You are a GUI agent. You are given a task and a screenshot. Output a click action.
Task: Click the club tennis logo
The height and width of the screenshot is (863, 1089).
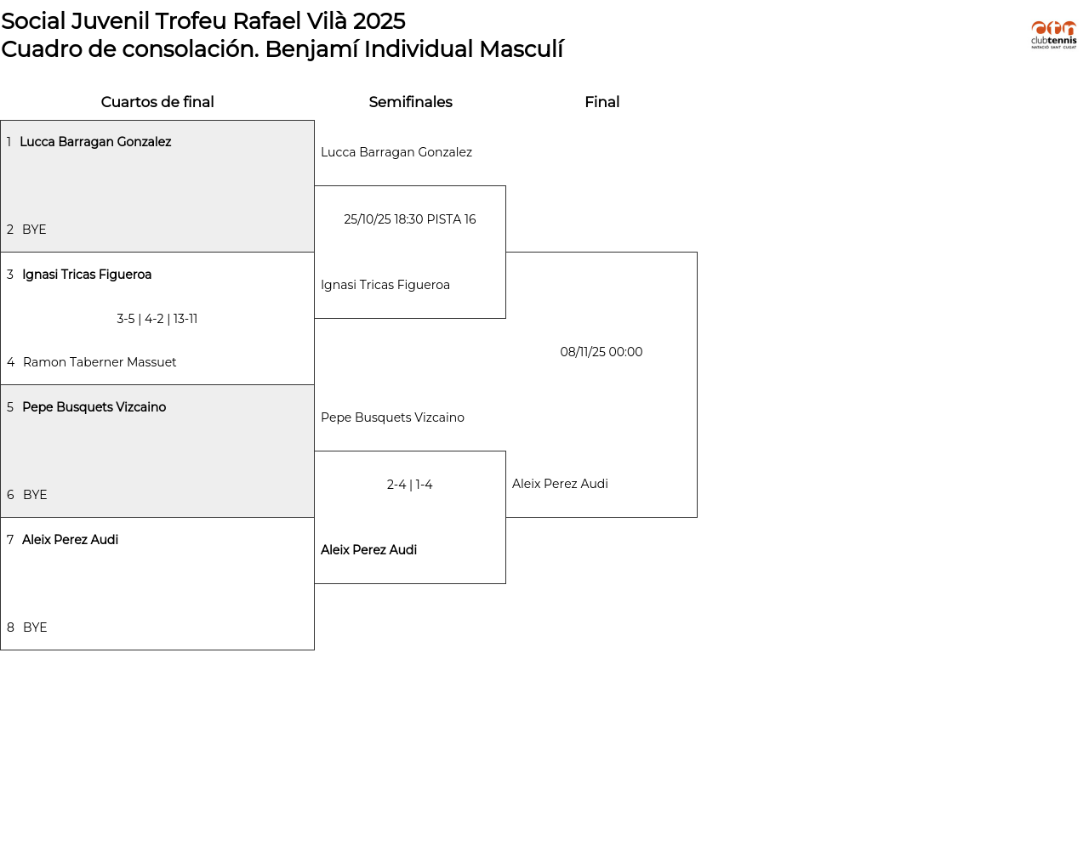[x=1053, y=35]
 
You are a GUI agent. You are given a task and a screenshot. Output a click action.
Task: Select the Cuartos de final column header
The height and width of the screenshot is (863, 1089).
[x=157, y=102]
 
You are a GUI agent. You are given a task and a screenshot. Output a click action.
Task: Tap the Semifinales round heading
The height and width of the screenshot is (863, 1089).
[x=410, y=102]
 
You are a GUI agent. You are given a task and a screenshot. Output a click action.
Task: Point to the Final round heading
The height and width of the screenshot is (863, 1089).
[x=602, y=102]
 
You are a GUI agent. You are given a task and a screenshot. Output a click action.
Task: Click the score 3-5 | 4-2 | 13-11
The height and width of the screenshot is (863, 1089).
[x=157, y=319]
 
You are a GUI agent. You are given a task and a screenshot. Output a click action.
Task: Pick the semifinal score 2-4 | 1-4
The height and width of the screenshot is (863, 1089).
[x=410, y=485]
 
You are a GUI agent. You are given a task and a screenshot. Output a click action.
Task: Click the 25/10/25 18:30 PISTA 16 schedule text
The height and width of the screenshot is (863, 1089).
[x=410, y=219]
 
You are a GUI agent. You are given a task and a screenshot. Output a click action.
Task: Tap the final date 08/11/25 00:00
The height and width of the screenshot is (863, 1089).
[x=602, y=352]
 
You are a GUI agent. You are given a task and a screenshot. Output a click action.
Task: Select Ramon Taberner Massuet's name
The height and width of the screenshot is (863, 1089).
[x=100, y=362]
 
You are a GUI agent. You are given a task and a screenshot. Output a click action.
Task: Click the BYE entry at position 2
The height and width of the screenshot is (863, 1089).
[x=34, y=230]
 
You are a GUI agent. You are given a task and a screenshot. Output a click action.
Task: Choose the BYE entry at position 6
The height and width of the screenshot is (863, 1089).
[x=35, y=495]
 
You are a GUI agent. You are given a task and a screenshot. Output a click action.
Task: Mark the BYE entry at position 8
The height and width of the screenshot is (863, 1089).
[x=35, y=627]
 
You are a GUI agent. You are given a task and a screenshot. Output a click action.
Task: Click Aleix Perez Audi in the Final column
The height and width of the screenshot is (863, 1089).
[x=560, y=484]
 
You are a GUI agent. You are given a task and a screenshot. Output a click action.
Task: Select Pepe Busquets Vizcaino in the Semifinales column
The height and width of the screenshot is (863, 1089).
[x=392, y=417]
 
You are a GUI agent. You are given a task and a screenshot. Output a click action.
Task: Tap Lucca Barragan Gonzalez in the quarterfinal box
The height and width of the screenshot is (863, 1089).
[x=95, y=142]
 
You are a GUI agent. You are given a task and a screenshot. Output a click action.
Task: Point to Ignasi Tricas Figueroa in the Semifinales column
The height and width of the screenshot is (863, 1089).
[x=385, y=285]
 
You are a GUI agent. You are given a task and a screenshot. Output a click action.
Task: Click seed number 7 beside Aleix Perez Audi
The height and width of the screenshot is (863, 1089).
[x=10, y=540]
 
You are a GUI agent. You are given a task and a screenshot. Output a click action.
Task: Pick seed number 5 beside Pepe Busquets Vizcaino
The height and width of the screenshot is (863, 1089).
[x=10, y=407]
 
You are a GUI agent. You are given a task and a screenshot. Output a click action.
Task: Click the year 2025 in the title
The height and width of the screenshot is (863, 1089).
[x=379, y=21]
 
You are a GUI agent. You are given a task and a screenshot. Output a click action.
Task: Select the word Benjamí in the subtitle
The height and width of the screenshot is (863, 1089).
[x=311, y=49]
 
